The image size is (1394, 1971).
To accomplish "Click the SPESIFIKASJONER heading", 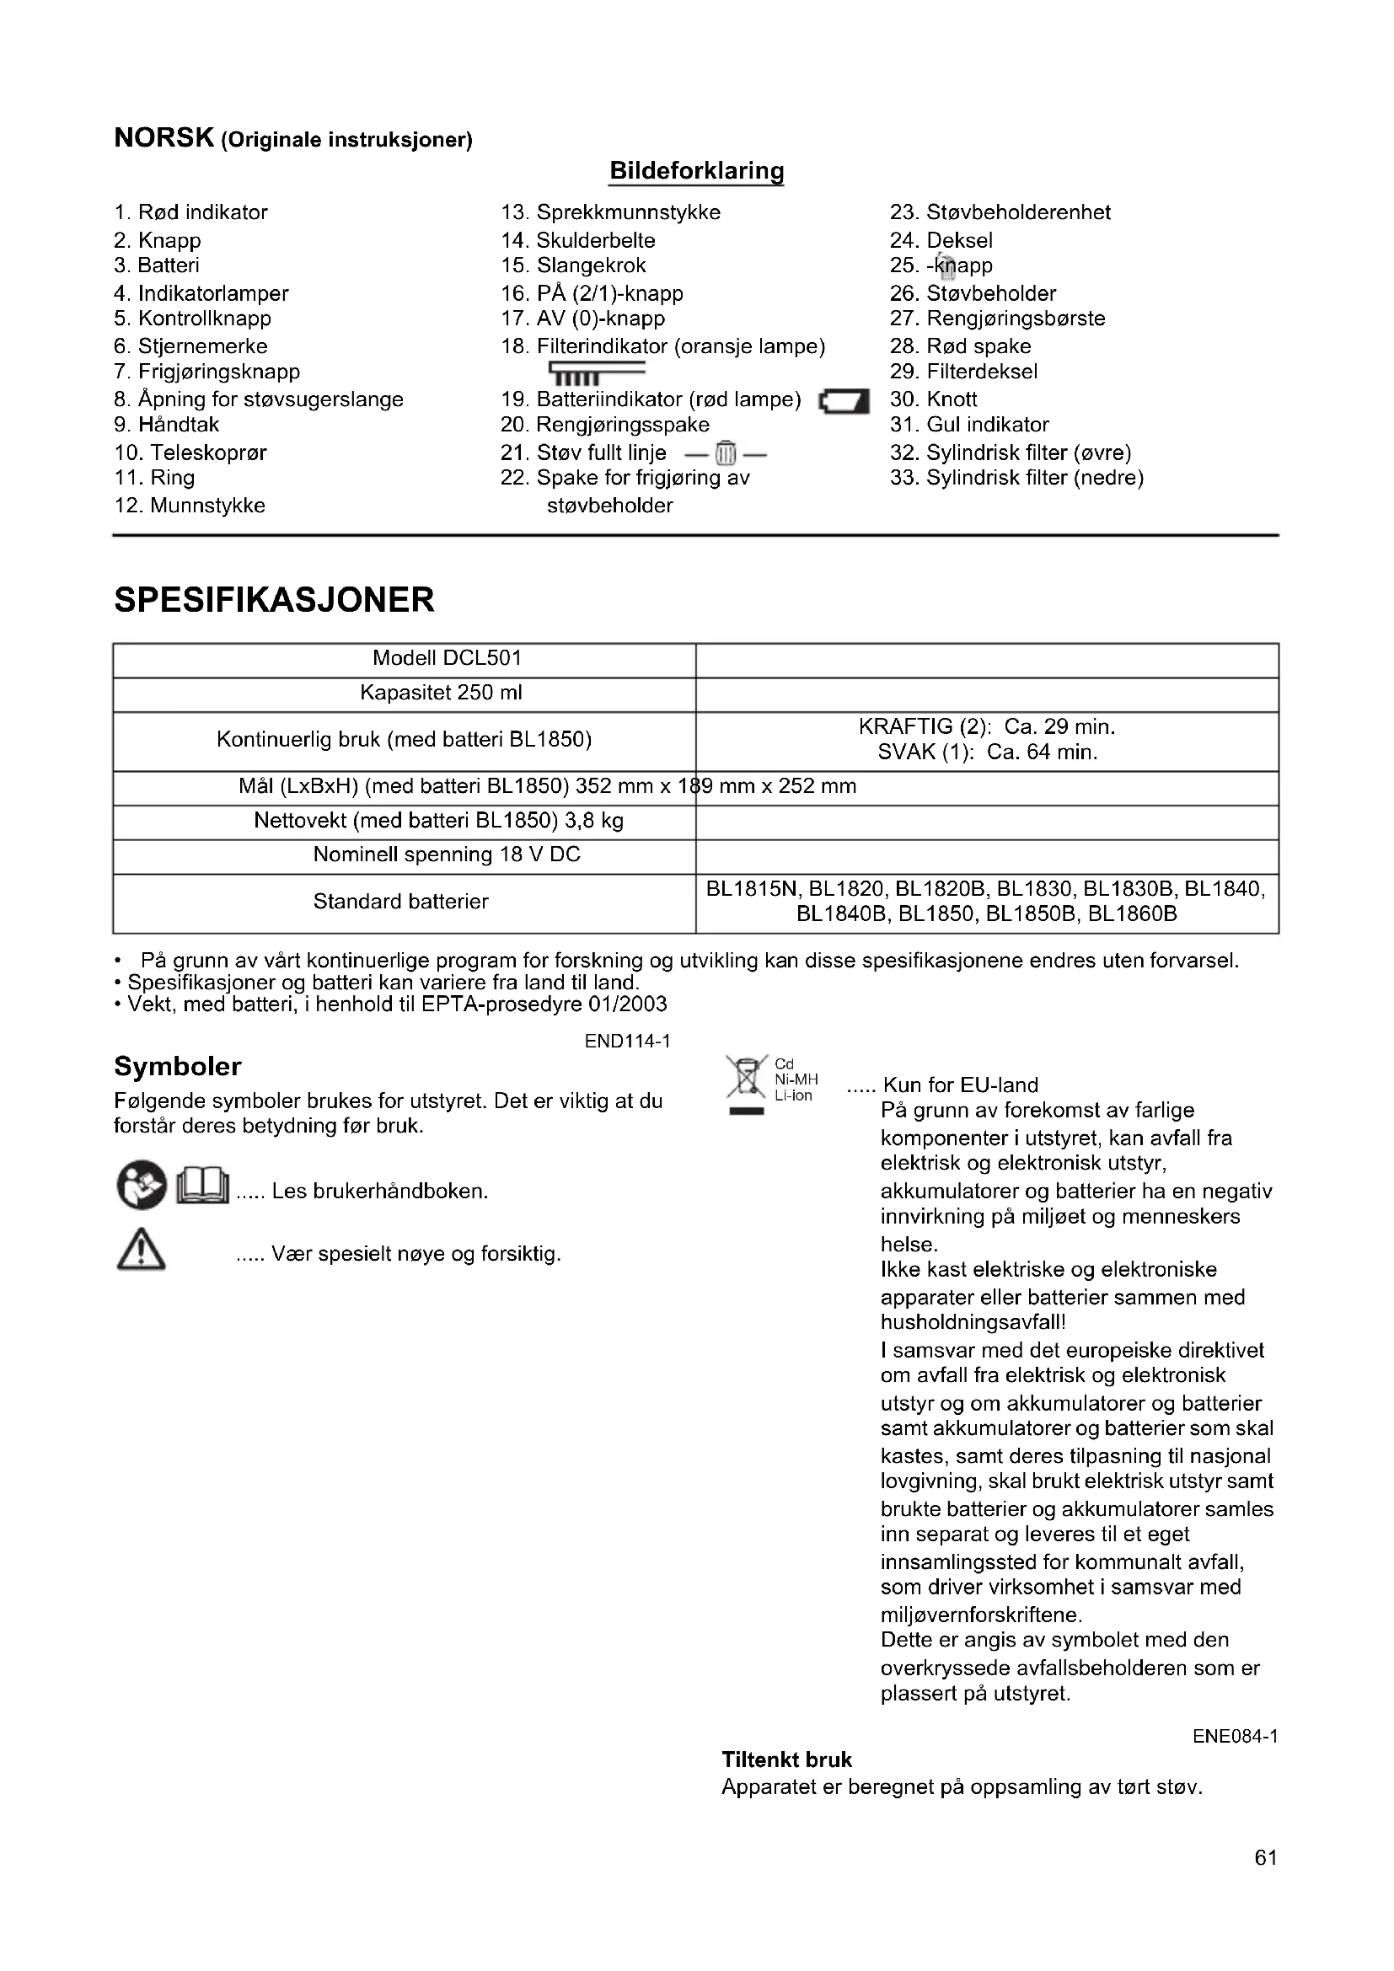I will coord(274,600).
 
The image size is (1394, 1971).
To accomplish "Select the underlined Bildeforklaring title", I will coord(696,171).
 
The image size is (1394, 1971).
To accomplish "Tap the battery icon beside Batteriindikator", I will coord(844,402).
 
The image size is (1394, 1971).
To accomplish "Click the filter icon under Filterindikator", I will coord(597,372).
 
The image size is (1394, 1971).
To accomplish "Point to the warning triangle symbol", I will coord(141,1252).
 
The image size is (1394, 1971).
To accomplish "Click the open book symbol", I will coord(202,1187).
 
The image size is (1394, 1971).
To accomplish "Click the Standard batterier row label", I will coord(400,902).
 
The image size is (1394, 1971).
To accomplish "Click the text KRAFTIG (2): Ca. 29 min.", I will coord(986,727).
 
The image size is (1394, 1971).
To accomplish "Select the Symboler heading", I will coord(178,1066).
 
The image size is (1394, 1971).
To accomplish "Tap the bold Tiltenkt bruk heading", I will coord(786,1759).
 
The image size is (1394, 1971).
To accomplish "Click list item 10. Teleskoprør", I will coord(190,453).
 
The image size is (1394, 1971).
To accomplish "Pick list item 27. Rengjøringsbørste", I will coord(996,319).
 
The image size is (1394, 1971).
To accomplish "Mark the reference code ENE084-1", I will coord(1235,1736).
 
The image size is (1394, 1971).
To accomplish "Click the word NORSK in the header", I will coord(164,138).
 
